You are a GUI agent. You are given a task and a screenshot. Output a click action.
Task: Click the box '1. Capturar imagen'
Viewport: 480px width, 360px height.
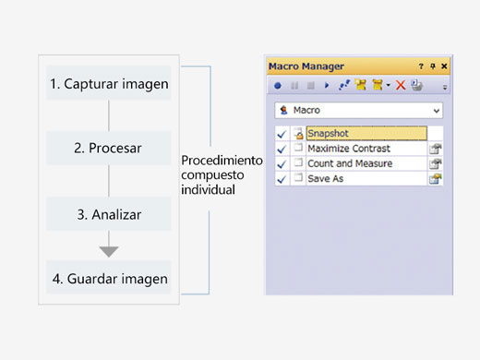point(109,83)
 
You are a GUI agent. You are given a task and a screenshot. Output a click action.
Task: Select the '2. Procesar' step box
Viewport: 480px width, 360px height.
point(109,149)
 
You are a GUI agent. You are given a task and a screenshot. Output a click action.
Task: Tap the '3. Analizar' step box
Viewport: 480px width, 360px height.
point(109,214)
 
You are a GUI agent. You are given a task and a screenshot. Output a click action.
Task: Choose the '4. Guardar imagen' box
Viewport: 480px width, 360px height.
point(109,278)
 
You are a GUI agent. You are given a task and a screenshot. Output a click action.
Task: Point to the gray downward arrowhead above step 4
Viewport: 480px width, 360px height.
point(109,251)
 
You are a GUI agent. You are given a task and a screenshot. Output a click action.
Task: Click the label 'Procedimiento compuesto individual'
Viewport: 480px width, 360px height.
point(222,174)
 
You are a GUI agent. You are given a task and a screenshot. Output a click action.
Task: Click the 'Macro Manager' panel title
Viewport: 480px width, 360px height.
point(306,66)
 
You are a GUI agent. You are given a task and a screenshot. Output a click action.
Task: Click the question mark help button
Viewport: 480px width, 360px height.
point(421,66)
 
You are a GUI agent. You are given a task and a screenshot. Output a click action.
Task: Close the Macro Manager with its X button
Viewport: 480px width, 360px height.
point(444,66)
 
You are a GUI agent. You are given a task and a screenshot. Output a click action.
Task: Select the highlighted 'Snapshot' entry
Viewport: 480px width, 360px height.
point(366,134)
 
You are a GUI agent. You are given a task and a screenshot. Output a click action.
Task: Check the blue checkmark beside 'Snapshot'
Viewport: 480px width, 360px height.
point(282,135)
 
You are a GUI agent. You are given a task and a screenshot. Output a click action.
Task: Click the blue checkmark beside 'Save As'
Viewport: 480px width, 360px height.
point(282,178)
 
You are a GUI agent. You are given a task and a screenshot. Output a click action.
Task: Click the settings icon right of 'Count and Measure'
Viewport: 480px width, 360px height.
point(435,164)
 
